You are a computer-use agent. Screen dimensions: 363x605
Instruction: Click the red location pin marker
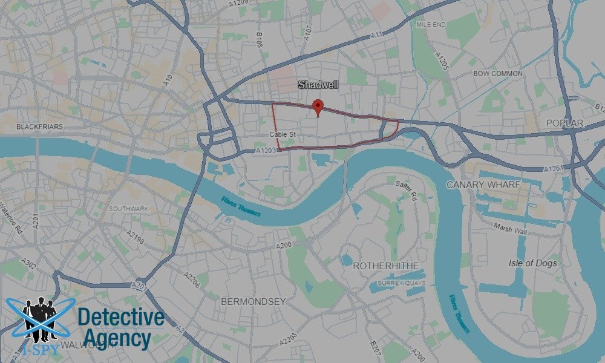click(x=318, y=108)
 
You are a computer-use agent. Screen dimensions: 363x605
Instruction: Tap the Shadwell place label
click(x=318, y=85)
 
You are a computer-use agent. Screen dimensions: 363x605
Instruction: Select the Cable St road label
click(x=283, y=134)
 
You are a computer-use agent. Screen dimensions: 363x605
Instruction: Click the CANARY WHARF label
click(x=483, y=184)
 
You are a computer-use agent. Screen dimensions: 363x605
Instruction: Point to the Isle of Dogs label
click(x=533, y=263)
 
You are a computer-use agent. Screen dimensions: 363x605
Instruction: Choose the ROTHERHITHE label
click(x=385, y=266)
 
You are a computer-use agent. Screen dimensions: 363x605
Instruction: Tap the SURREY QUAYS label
click(x=402, y=283)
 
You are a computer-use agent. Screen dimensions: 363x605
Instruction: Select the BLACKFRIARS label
click(x=39, y=127)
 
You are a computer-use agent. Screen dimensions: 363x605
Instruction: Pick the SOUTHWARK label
click(x=128, y=208)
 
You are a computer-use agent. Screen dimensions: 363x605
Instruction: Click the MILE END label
click(x=431, y=25)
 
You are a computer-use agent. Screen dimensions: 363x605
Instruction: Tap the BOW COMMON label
click(x=498, y=73)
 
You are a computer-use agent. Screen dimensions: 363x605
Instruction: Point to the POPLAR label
click(x=564, y=123)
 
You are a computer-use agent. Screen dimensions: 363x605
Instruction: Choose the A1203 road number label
click(x=266, y=150)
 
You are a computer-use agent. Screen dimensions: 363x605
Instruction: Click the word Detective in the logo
click(x=121, y=318)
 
